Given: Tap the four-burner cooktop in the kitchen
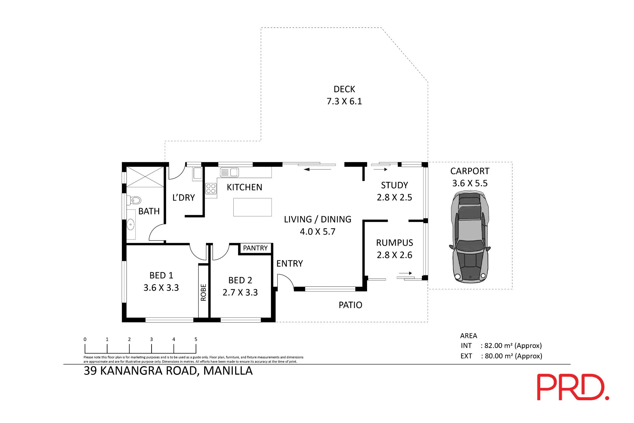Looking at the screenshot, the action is point(211,189).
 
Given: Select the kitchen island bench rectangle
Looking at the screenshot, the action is point(252,207).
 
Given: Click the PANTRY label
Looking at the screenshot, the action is point(255,248).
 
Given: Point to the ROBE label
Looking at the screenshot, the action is point(204,292).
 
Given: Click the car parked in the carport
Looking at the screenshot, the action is point(470,237).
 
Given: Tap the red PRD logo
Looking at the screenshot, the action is point(573,387).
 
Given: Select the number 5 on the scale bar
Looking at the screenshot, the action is point(196,339).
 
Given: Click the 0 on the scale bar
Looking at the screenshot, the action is point(85,339).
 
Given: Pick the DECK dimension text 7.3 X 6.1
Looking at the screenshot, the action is point(344,101).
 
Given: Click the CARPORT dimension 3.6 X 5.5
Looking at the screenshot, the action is point(470,183).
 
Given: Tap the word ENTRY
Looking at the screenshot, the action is point(289,264).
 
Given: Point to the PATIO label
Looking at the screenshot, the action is point(350,305).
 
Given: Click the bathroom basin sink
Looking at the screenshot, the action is point(131,224).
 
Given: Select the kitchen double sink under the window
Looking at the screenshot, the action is point(230,172).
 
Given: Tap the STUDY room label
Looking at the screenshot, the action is point(394,185).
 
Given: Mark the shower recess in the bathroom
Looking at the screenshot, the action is point(145,177).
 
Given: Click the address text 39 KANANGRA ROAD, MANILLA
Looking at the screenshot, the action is point(168,371).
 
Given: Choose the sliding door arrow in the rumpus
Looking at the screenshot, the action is point(405,273).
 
